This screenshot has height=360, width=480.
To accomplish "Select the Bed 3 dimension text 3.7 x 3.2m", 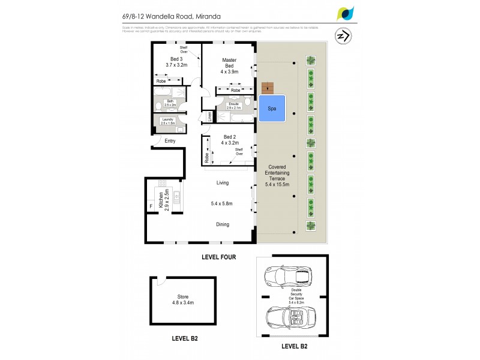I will coord(176,65).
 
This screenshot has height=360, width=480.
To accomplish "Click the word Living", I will coord(224,182).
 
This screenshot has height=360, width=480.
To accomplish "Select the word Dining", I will coord(224,224).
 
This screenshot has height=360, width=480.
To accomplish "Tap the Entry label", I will coord(170,141).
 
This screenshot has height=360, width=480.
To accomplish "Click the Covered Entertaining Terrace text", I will coord(277,175).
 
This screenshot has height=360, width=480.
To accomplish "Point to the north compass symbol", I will coord(344,36).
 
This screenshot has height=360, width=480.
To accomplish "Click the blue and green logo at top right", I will coord(346,13).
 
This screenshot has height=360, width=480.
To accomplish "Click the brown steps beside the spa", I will coord(267,87).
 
